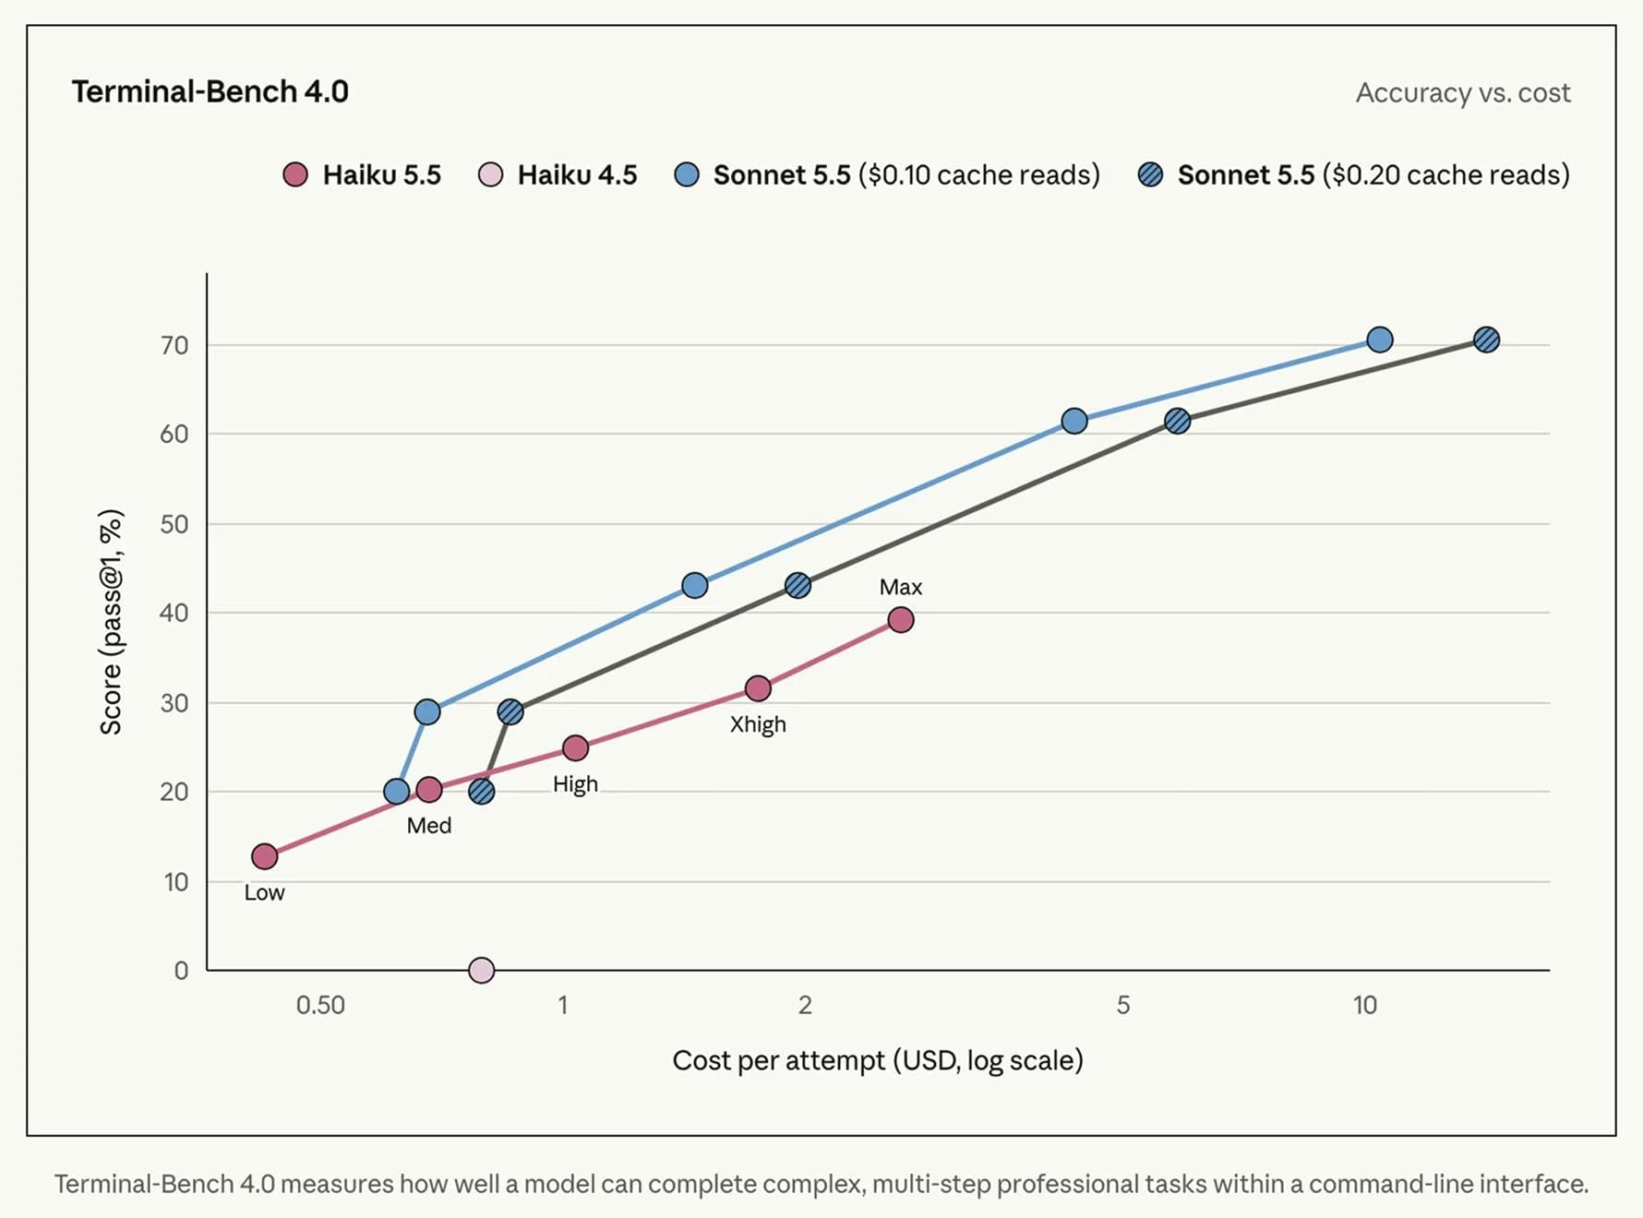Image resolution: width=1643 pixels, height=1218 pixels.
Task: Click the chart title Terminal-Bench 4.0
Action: [x=210, y=91]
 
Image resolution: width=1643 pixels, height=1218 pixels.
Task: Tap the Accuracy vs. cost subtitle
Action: [x=1463, y=92]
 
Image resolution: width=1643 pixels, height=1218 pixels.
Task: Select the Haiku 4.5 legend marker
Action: [x=490, y=174]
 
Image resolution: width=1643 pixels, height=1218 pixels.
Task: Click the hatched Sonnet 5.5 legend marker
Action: [x=1150, y=174]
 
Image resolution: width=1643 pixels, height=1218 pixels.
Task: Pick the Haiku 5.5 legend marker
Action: [x=295, y=174]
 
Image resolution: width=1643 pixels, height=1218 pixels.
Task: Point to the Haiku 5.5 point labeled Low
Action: [x=265, y=856]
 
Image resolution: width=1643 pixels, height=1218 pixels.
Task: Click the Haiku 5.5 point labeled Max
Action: [x=901, y=619]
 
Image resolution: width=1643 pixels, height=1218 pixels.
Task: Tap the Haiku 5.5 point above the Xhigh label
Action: [x=758, y=688]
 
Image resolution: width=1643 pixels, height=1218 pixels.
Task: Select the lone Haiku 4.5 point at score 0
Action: [x=481, y=970]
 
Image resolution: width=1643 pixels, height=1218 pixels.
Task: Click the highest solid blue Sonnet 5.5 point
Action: [x=1380, y=340]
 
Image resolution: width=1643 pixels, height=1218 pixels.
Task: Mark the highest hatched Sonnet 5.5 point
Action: [x=1486, y=340]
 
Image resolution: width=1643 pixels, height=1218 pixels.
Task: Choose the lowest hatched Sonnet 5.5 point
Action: [x=481, y=791]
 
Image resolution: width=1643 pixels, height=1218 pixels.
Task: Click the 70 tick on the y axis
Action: [x=174, y=345]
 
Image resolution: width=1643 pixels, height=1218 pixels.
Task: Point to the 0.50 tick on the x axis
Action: [x=320, y=1005]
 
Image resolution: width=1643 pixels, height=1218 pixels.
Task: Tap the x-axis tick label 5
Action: [x=1123, y=1005]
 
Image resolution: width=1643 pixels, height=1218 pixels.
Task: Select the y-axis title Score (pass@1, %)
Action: [x=111, y=621]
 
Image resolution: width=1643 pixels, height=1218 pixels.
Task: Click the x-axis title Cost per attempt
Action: [x=779, y=1060]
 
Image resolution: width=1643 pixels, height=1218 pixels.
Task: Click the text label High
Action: [x=575, y=783]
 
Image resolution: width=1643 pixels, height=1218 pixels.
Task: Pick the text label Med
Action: [x=429, y=825]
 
